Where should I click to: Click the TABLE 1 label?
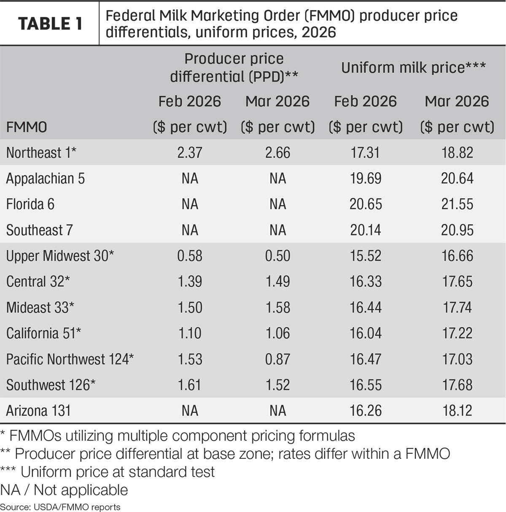(50, 24)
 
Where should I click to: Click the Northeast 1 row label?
(41, 153)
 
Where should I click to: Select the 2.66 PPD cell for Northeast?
(278, 153)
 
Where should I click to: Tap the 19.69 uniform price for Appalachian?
(366, 178)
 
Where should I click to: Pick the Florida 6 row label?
(30, 204)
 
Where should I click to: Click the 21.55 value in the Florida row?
(458, 204)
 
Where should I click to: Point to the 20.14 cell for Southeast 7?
(366, 230)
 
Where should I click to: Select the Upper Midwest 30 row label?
(60, 256)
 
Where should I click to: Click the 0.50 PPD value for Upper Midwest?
(278, 256)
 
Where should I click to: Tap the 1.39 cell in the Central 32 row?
(190, 281)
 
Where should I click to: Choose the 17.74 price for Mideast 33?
(458, 307)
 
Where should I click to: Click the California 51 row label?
(43, 333)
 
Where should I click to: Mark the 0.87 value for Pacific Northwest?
(278, 359)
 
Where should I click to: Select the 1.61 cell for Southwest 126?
(190, 385)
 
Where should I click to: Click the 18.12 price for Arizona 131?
(458, 410)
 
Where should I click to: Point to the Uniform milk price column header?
(414, 67)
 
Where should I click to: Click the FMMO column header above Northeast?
(27, 127)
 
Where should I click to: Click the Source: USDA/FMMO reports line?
(60, 507)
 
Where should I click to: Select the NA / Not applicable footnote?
(64, 490)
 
